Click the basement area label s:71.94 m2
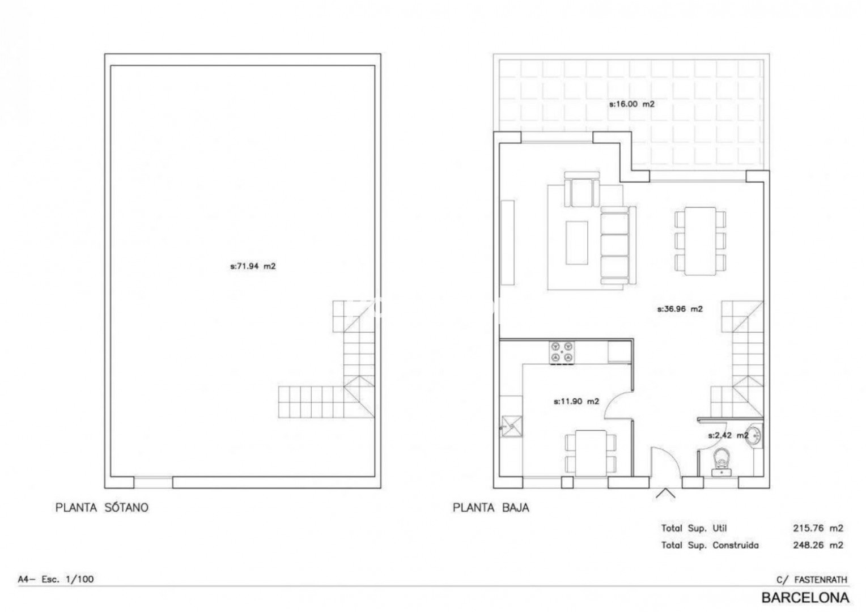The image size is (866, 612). pyautogui.click(x=253, y=266)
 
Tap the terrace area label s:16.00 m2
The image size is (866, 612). pyautogui.click(x=632, y=104)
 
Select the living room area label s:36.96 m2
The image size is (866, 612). pyautogui.click(x=680, y=309)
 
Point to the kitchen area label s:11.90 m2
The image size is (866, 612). pyautogui.click(x=576, y=401)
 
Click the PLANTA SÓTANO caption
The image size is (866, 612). pyautogui.click(x=102, y=508)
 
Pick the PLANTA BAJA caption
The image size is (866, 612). pyautogui.click(x=491, y=508)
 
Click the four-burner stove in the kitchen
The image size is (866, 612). pyautogui.click(x=562, y=352)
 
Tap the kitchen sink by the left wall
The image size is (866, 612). pyautogui.click(x=511, y=427)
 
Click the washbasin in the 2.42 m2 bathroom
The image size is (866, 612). pyautogui.click(x=755, y=436)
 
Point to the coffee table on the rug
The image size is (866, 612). pyautogui.click(x=576, y=243)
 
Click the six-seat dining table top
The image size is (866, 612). pyautogui.click(x=700, y=241)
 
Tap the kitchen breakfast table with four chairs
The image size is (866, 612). pyautogui.click(x=591, y=453)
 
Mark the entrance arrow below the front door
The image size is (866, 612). pyautogui.click(x=665, y=494)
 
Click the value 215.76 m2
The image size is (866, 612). pyautogui.click(x=818, y=528)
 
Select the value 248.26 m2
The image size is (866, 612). pyautogui.click(x=818, y=545)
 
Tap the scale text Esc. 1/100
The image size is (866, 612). pyautogui.click(x=67, y=579)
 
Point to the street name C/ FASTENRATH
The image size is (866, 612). pyautogui.click(x=812, y=580)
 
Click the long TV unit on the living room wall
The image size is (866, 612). pyautogui.click(x=508, y=243)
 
